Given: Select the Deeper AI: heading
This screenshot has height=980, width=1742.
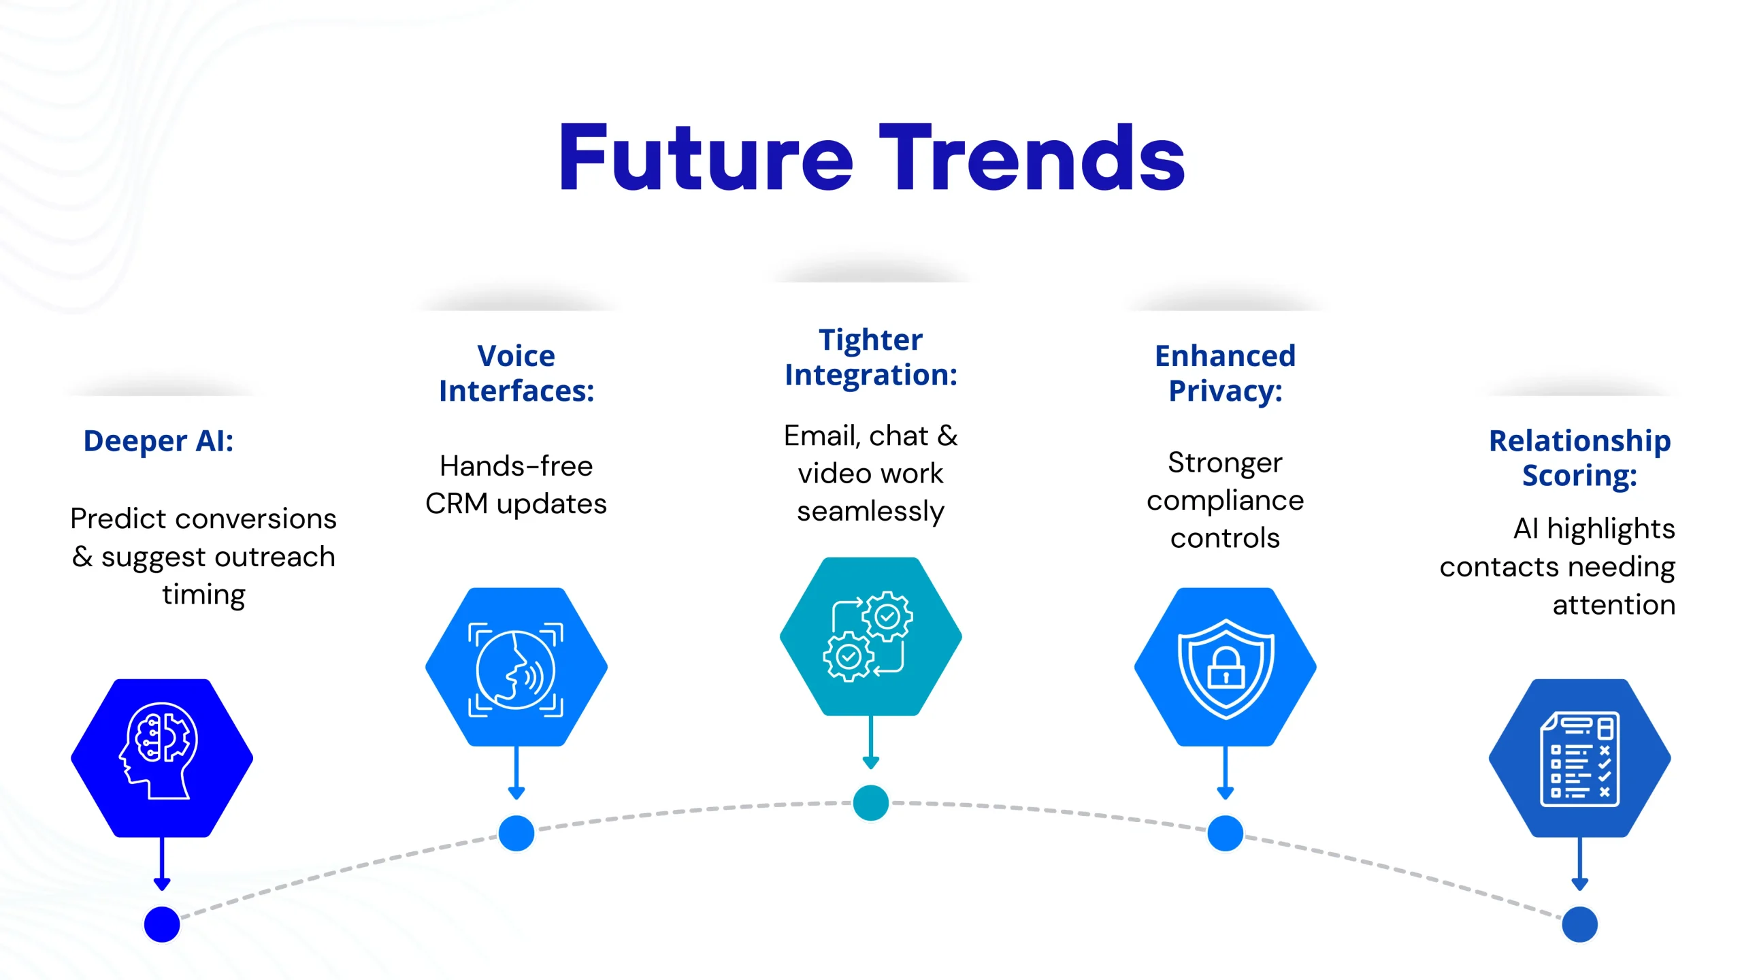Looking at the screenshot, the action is pos(159,441).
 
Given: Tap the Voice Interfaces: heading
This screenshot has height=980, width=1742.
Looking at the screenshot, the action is pos(516,373).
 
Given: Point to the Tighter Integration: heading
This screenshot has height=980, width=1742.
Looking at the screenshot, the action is pos(871,357).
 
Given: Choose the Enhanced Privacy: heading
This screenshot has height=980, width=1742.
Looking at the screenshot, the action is pos(1226,373).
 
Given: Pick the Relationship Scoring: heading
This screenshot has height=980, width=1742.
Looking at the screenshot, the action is pos(1579,458).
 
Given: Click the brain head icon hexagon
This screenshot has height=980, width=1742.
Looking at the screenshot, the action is pos(162,757).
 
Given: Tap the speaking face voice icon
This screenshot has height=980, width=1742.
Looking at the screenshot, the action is pos(516,667).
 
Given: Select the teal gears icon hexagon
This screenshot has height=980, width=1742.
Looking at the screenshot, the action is pos(871,636).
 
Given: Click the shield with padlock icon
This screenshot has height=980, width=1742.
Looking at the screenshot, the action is pos(1226,667).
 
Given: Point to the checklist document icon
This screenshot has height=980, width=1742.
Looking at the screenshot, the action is pos(1579,757).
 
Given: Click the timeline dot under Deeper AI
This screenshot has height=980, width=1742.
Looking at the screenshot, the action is pos(162,924).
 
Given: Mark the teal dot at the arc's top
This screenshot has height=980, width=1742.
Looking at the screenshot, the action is pos(871,803).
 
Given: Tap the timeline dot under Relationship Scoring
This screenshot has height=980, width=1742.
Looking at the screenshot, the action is pos(1579,924).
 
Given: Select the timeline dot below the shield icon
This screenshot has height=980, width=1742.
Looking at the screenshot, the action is pos(1226,833).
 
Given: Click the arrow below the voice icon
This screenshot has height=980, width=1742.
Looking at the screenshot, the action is pos(516,773).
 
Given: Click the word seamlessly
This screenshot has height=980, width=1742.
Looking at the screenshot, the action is pos(871,511).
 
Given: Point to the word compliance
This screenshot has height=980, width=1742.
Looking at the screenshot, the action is pos(1226,501).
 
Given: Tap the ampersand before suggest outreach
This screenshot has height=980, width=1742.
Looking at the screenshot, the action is pos(82,557).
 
